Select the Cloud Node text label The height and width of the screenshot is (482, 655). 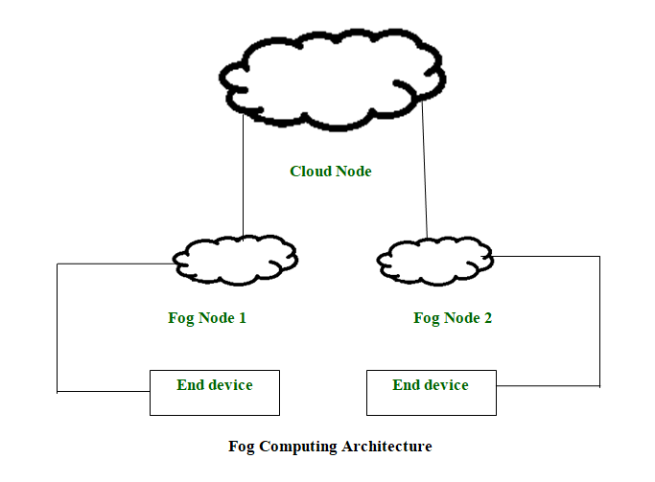[330, 172]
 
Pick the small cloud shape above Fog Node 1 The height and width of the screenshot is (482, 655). [235, 257]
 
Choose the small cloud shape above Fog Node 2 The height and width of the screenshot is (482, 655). [435, 257]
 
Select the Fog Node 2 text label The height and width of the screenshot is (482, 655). [452, 318]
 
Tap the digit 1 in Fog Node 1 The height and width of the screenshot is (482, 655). [243, 318]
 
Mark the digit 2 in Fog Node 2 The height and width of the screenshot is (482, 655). [488, 318]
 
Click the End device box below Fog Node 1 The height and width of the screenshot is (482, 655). [215, 393]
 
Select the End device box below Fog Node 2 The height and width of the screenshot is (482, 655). [432, 393]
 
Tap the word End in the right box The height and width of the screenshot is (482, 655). [406, 385]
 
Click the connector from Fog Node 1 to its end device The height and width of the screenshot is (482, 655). [58, 326]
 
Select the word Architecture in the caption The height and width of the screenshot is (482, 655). [387, 447]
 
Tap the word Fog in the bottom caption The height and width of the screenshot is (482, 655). [242, 447]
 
